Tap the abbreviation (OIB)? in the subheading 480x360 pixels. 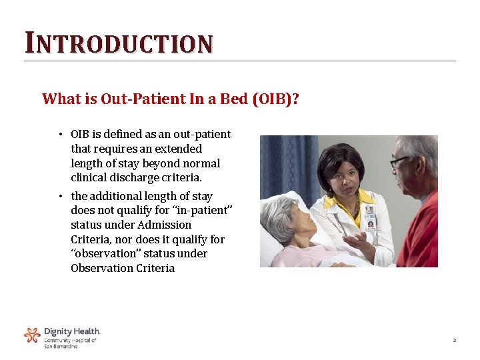(x=275, y=99)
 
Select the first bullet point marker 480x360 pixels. (x=59, y=135)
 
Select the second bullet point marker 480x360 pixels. (x=59, y=197)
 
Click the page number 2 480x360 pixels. (x=454, y=341)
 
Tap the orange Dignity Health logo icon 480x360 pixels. (x=32, y=335)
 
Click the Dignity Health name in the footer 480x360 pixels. (x=72, y=331)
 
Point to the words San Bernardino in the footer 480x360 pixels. (x=61, y=347)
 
